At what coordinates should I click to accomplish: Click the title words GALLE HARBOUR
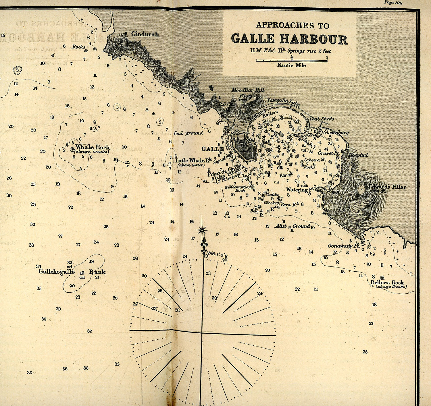point(289,39)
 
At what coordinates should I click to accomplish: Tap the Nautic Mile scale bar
point(291,61)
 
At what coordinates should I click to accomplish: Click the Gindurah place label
point(145,34)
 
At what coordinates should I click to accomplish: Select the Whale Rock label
point(93,147)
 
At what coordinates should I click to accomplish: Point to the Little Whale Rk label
point(193,161)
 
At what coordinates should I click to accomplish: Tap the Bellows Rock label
point(387,282)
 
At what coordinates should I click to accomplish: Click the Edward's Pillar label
point(387,187)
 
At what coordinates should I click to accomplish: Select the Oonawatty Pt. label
point(344,246)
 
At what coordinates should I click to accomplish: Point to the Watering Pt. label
point(300,190)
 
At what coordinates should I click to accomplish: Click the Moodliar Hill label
point(248,90)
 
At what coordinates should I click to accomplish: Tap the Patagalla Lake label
point(283,102)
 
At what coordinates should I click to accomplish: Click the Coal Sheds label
point(322,119)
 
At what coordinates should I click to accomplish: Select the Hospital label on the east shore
point(358,155)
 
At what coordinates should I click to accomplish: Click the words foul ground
point(188,133)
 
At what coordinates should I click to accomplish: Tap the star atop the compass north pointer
point(202,230)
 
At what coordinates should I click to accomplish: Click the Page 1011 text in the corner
point(393,3)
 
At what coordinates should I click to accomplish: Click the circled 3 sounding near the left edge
point(18,70)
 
